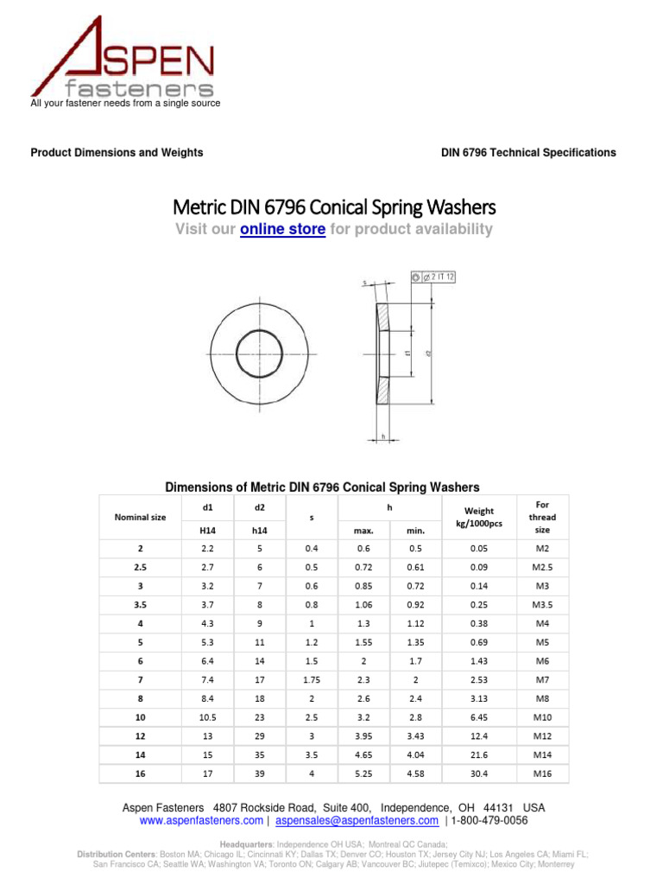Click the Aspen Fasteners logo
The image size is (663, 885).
coord(121,59)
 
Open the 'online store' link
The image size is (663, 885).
coord(282,229)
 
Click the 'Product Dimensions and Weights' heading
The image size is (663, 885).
coord(117,153)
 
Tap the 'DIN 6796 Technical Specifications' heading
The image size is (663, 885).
coord(528,153)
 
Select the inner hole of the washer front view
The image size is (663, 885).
coord(259,353)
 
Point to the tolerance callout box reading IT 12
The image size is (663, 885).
coord(433,277)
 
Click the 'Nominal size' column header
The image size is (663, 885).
coord(140,518)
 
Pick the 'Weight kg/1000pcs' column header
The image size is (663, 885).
coord(478,518)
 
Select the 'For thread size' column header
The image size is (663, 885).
coord(542,517)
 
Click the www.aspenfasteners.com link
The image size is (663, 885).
coord(201,820)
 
